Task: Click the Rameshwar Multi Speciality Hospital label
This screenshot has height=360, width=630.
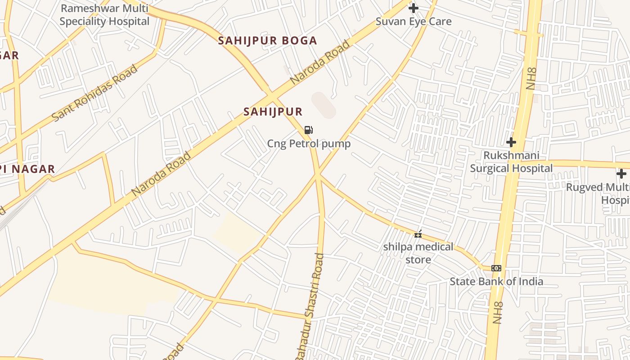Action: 104,15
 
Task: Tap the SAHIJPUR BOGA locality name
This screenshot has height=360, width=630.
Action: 268,40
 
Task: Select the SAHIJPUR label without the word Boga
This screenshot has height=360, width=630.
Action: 273,112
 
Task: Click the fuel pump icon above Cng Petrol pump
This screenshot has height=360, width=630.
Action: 309,130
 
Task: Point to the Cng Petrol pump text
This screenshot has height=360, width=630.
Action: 309,144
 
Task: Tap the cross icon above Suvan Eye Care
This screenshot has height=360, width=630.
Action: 413,8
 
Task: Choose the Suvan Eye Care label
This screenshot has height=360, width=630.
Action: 413,21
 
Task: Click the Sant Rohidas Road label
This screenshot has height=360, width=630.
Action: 95,93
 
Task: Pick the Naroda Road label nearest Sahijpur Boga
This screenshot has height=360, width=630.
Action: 320,63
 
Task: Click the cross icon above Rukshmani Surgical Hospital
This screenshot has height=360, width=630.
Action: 511,142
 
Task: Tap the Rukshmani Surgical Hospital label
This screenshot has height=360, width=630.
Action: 511,162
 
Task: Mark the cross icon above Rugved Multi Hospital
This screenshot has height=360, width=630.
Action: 621,174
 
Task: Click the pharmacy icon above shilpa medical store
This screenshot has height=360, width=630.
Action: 418,234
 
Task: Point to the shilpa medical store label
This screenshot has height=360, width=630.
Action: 418,253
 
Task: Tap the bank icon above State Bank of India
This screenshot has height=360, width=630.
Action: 496,268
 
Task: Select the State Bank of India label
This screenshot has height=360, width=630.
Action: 496,282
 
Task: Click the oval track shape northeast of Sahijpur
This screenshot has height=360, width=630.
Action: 324,105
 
